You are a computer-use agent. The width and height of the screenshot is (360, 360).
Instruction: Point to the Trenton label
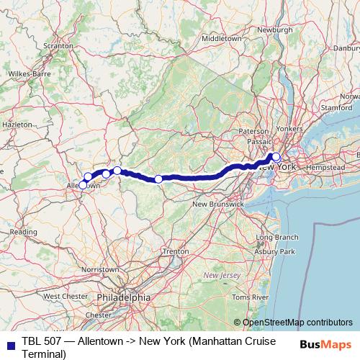176,251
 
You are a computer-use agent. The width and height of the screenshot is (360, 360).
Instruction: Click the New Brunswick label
217,204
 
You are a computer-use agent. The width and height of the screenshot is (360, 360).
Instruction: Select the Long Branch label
277,237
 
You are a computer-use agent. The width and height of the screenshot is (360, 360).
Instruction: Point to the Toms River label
250,297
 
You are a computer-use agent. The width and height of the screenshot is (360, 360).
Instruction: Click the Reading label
23,232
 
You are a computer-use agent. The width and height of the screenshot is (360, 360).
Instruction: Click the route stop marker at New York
276,157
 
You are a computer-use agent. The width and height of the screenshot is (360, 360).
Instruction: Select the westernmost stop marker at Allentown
83,185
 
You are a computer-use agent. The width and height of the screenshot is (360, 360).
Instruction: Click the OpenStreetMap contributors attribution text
297,323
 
